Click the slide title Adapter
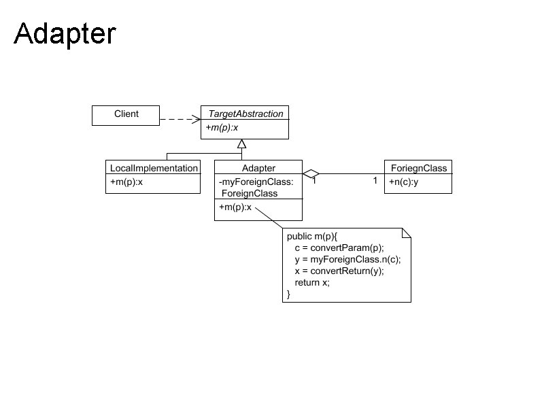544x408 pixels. (65, 34)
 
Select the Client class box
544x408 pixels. (126, 115)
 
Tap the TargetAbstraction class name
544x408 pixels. (245, 114)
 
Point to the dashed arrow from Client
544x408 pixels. (180, 120)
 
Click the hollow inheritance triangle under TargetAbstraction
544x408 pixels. (241, 143)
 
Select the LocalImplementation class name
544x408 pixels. (154, 168)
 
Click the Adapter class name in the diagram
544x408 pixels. (258, 168)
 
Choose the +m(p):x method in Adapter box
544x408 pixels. (235, 207)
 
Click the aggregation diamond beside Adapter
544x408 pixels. (311, 173)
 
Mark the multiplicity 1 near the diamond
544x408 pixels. (314, 182)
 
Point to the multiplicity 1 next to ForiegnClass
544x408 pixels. (375, 181)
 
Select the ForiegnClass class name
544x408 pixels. (418, 168)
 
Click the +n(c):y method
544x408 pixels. (403, 182)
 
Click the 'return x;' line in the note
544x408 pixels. (312, 282)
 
